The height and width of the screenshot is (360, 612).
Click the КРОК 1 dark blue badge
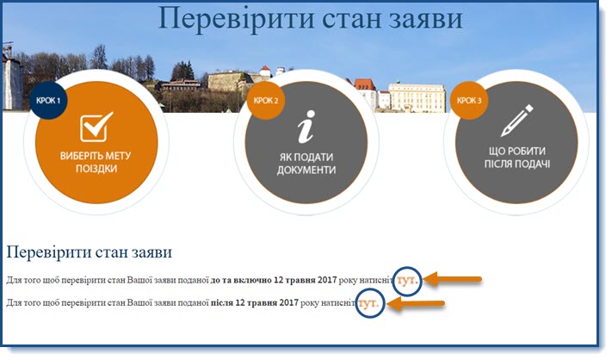click(x=48, y=101)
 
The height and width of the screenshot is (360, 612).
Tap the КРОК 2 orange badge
click(x=265, y=101)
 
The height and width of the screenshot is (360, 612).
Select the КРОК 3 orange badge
click(x=469, y=101)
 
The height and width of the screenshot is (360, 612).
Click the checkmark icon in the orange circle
click(x=96, y=127)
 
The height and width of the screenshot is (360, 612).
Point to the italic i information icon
click(x=306, y=126)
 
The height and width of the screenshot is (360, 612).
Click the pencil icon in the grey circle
click(x=516, y=121)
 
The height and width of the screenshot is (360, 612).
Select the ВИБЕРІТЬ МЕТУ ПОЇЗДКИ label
click(x=96, y=162)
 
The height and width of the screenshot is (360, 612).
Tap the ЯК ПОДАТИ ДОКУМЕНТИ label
click(x=306, y=164)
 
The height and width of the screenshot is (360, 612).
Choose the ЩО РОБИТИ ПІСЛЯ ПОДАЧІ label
click(x=517, y=158)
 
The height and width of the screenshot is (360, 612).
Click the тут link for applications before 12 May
click(x=407, y=280)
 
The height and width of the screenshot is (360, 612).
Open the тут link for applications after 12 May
click(x=369, y=303)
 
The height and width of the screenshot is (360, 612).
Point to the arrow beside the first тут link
click(x=453, y=280)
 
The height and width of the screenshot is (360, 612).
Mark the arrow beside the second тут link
click(x=417, y=303)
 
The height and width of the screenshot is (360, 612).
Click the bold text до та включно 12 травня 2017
click(x=273, y=280)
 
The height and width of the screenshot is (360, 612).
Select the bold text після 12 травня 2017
click(x=255, y=302)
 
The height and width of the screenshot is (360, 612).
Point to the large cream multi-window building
click(x=417, y=97)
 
